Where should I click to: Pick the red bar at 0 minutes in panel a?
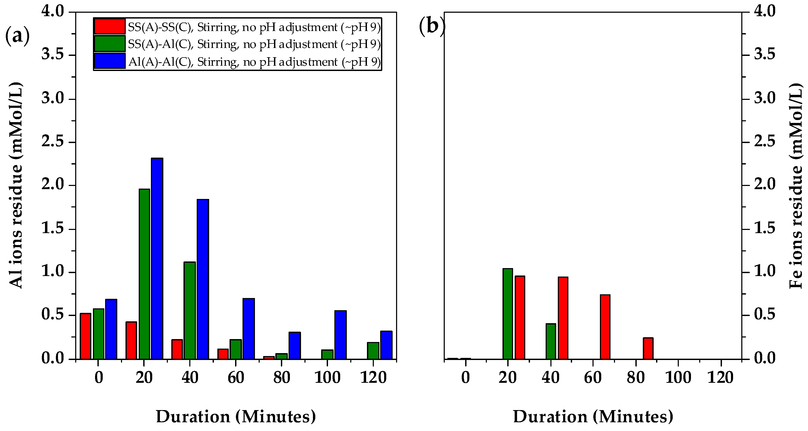85,336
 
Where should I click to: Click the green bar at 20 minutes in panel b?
508,314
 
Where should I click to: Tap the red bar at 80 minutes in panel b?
648,348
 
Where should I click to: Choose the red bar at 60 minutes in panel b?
605,327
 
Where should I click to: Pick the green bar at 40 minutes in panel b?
550,341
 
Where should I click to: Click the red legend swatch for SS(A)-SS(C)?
109,27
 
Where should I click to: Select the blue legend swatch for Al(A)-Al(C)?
109,61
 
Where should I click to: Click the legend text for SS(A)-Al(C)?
254,44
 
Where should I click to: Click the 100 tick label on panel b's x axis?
678,377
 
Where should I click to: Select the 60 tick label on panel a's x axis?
236,377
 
